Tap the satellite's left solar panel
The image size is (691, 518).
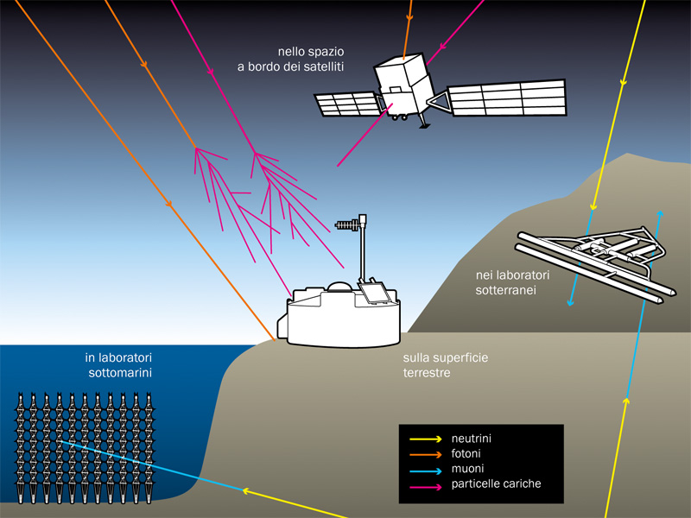345,104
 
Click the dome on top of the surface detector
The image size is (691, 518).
339,287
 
